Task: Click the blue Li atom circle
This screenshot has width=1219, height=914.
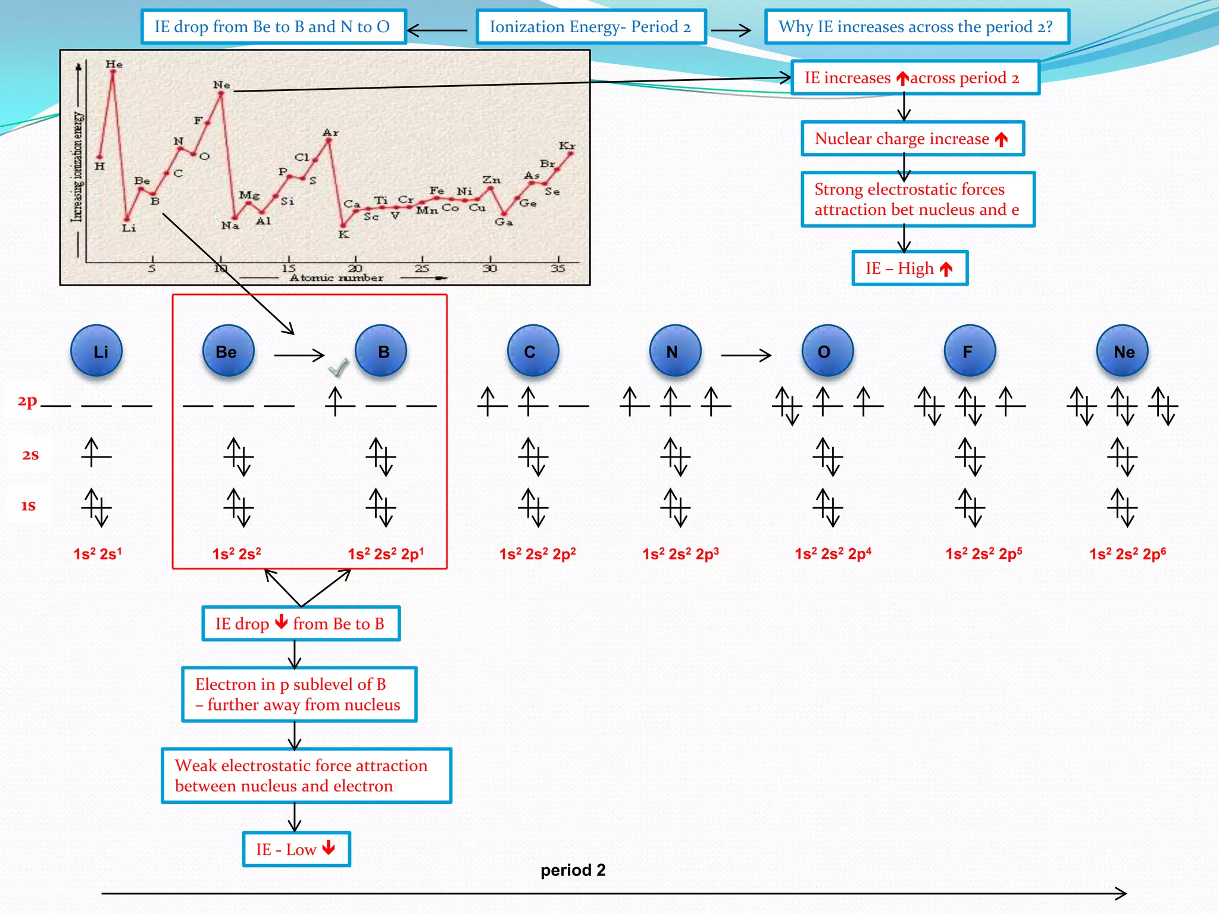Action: pos(96,351)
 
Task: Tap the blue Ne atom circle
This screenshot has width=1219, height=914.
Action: pos(1123,351)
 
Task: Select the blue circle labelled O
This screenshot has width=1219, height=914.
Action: pos(827,351)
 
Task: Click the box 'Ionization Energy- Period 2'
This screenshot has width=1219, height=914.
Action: pos(591,27)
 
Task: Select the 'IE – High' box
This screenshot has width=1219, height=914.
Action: pos(909,268)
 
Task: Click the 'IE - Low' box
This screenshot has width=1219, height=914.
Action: pos(296,849)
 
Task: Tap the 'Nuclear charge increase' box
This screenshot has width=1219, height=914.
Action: pos(912,139)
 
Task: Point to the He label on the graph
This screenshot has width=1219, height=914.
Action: pos(114,64)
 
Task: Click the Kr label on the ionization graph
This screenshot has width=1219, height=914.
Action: pos(567,146)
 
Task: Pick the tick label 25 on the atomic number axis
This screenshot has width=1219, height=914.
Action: pos(422,268)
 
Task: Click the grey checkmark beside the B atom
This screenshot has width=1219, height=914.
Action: pos(338,368)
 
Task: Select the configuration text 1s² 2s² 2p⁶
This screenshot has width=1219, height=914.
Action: pos(1127,554)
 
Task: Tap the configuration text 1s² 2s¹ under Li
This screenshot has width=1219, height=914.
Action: pos(98,554)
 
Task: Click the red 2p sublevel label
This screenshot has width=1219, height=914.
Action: pos(27,401)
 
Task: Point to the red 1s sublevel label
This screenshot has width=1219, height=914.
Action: pos(29,506)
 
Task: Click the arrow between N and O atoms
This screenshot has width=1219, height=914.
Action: pos(746,355)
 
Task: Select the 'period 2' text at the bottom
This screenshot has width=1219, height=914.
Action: pos(573,870)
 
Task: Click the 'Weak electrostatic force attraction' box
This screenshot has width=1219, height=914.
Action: pos(307,775)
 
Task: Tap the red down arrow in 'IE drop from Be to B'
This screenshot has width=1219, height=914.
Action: pos(282,622)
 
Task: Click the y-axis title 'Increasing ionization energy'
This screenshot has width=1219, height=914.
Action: pos(77,167)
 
